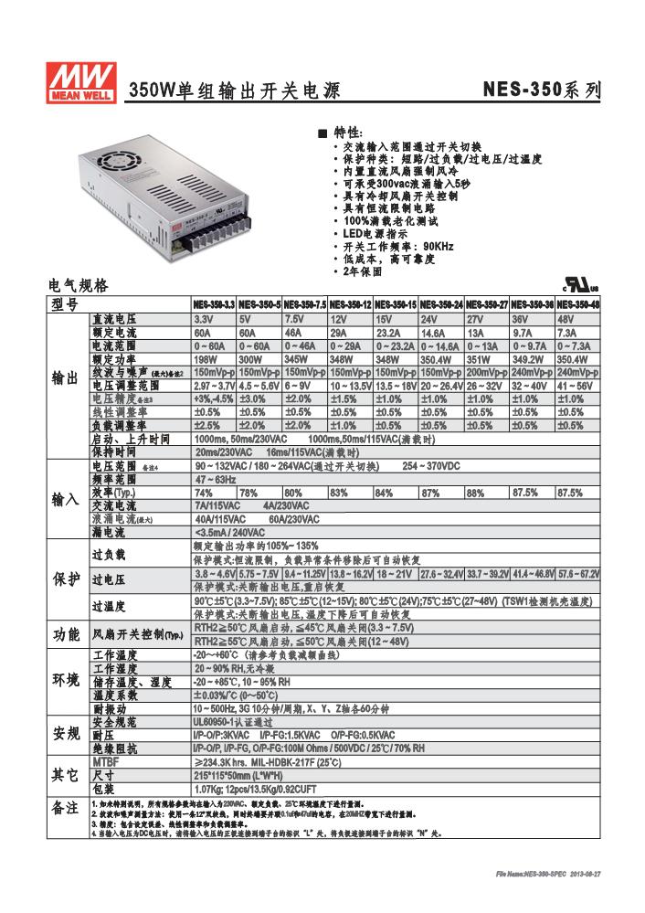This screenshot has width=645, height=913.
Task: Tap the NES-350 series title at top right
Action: pyautogui.click(x=542, y=90)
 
